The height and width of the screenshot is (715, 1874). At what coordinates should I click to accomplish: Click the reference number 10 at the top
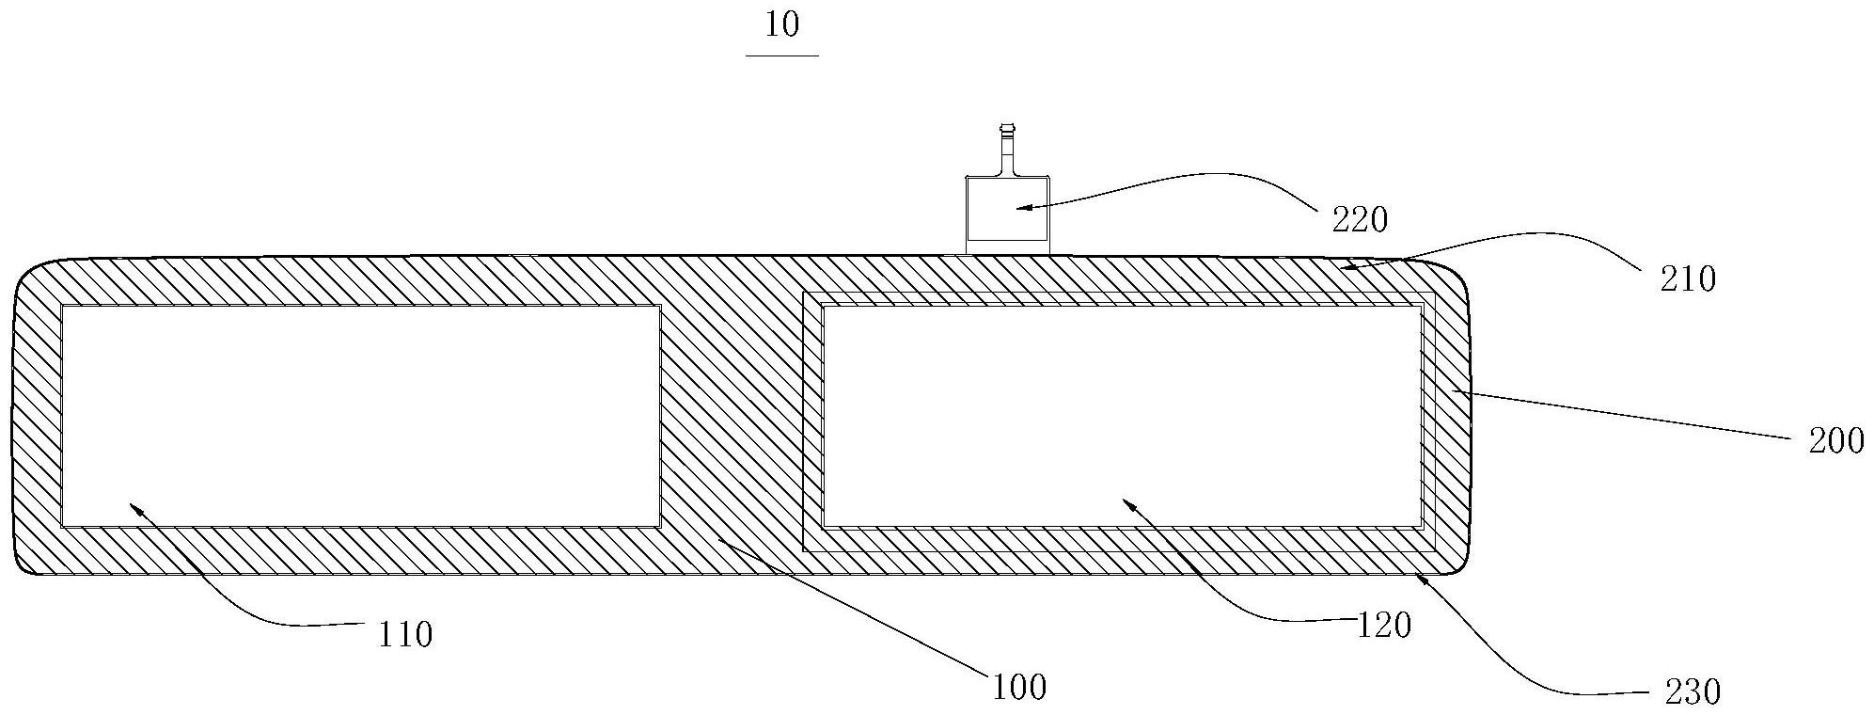781,24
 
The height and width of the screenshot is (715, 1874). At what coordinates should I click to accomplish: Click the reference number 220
1360,219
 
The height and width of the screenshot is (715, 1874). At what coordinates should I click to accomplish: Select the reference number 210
1689,278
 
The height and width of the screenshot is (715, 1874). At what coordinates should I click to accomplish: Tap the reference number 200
1836,440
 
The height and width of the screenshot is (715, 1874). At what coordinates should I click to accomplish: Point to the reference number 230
1693,692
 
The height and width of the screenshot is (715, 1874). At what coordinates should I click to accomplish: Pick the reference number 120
1384,625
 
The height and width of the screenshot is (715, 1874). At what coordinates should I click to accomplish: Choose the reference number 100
1019,688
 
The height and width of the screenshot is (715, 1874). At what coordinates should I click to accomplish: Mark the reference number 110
405,635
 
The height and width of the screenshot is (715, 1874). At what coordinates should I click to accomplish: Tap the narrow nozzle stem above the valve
1007,151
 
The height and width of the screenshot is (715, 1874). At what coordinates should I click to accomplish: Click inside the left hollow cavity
360,415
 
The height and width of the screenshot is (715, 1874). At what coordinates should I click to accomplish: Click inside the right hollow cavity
1121,415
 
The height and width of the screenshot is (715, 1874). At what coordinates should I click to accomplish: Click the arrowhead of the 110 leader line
133,506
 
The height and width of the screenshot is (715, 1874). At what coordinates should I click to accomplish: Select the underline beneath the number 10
781,56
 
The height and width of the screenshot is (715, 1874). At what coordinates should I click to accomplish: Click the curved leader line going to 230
1523,668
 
